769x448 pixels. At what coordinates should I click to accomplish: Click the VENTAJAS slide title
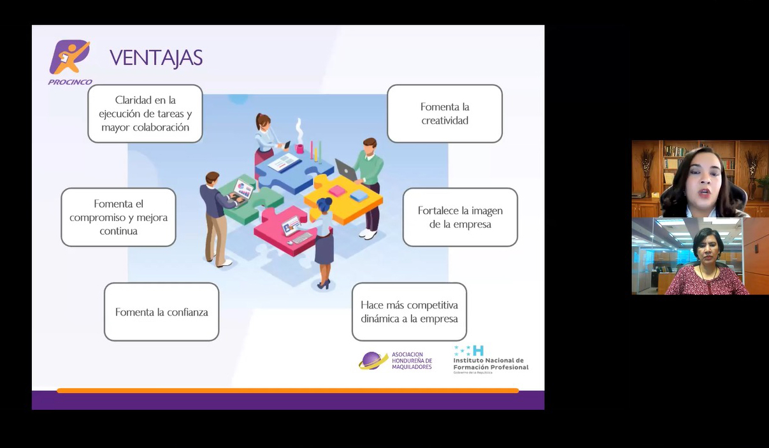[156, 58]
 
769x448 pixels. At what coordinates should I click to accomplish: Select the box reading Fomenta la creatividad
[445, 113]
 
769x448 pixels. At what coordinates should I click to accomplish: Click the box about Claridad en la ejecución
[145, 113]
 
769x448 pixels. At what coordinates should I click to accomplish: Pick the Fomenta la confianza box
[161, 312]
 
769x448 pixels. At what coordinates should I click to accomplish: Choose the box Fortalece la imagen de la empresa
[460, 217]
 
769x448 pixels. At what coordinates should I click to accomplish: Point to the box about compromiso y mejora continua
[119, 217]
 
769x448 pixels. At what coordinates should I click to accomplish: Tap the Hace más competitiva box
[409, 312]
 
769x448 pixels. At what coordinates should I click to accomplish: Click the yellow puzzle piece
[343, 199]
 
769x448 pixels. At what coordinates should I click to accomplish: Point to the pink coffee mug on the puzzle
[299, 148]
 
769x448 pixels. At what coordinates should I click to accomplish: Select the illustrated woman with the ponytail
[266, 144]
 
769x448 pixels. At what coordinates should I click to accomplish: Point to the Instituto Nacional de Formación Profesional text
[491, 364]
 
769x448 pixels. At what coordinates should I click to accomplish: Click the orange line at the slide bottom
[288, 391]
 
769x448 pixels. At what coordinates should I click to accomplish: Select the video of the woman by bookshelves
[700, 178]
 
